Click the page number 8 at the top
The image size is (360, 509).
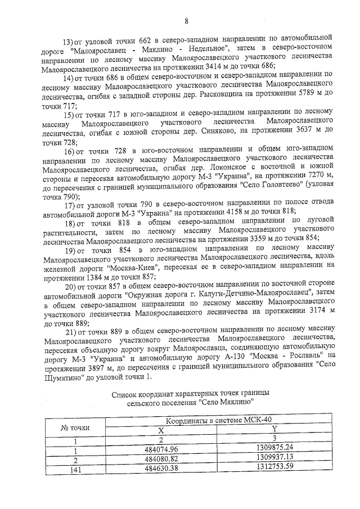click(x=185, y=22)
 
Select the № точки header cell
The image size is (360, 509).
click(x=75, y=428)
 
